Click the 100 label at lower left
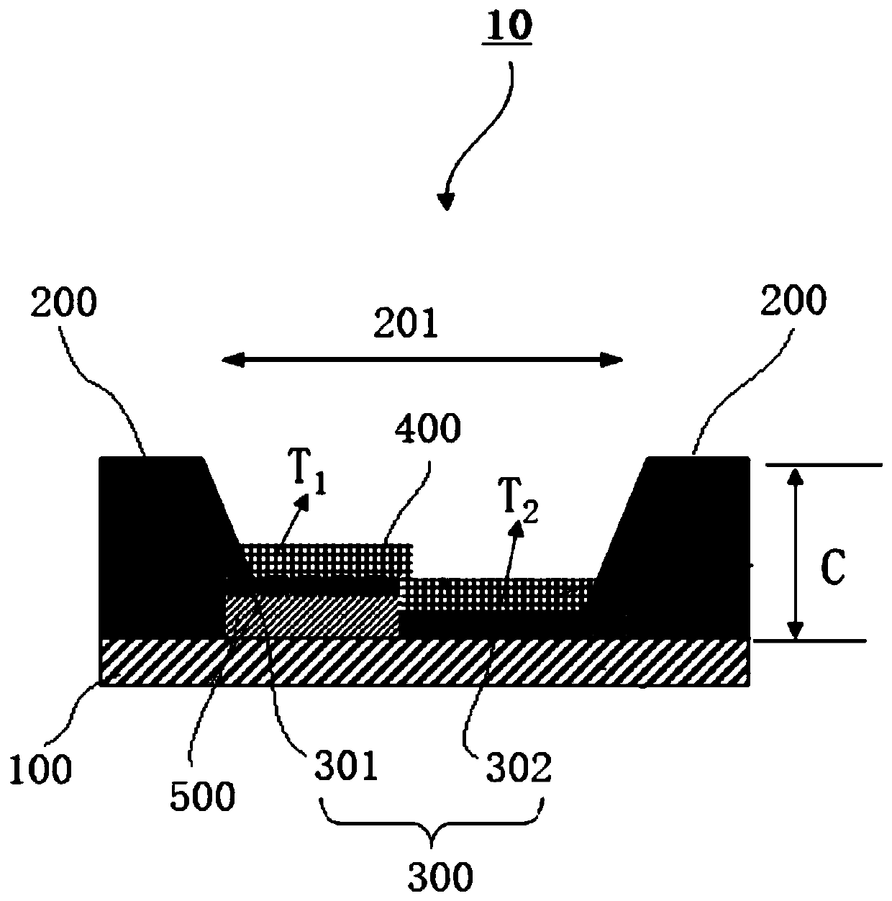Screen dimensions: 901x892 click(x=41, y=769)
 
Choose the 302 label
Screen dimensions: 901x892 click(x=520, y=768)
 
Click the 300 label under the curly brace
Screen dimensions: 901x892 click(x=440, y=877)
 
